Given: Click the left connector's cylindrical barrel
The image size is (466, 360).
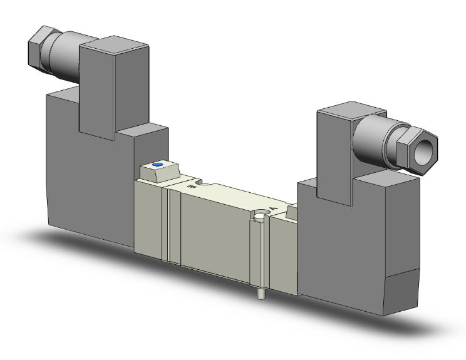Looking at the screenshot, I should coord(66,54).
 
